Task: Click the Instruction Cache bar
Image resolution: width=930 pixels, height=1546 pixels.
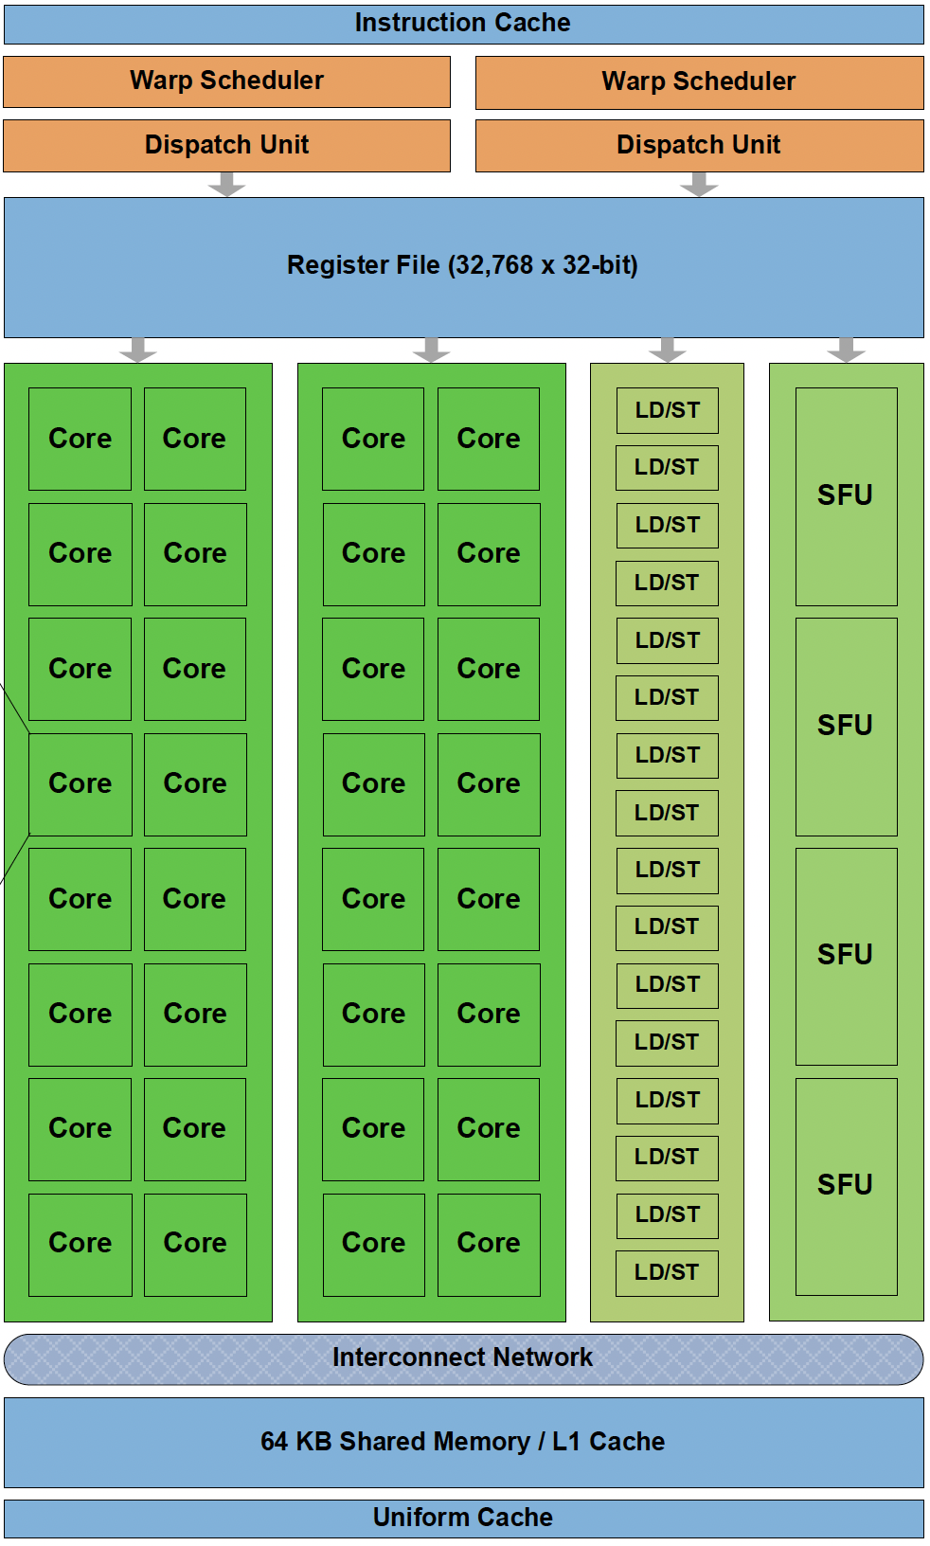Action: (463, 24)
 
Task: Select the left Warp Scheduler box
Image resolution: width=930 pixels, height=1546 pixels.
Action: (226, 81)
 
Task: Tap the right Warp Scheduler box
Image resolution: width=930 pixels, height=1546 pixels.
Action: (699, 82)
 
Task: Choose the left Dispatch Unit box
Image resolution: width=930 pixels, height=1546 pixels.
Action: (226, 145)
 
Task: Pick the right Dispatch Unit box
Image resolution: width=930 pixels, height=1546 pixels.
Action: (699, 145)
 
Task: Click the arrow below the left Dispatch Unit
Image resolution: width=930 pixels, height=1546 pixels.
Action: (226, 184)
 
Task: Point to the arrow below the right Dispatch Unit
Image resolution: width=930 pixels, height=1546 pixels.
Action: (699, 184)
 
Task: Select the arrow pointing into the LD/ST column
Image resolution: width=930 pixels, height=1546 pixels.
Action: (668, 350)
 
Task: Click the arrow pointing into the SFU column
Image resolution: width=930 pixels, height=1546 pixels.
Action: (846, 350)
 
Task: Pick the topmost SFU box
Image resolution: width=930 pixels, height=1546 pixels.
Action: (846, 495)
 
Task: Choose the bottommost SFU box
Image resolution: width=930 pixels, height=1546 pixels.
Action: (846, 1185)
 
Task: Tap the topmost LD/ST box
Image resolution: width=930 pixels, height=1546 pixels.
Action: (667, 410)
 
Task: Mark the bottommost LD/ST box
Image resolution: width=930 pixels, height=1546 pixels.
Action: (667, 1272)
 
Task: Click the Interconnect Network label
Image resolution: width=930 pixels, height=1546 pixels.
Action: (463, 1357)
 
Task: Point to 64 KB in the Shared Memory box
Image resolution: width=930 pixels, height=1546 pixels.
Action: (296, 1442)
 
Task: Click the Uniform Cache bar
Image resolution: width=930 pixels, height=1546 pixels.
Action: (463, 1518)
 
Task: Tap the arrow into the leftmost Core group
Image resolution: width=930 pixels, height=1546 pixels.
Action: (138, 350)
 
